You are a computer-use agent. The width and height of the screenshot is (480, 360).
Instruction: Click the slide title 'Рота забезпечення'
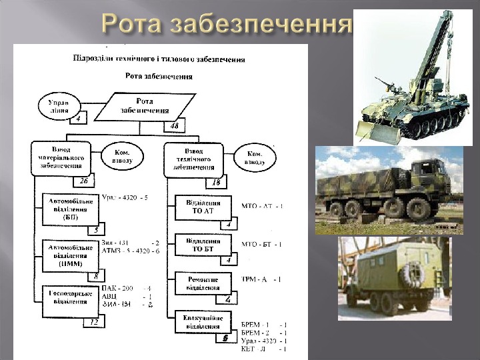tap(227, 25)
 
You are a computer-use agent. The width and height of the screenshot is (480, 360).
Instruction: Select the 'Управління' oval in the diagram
tap(60, 107)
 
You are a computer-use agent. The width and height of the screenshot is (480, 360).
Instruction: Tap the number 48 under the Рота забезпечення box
tap(175, 126)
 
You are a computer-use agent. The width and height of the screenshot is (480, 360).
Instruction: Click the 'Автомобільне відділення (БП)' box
tap(71, 208)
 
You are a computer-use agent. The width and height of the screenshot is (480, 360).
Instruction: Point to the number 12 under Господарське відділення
tap(94, 323)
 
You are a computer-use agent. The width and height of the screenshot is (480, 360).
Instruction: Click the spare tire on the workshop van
tap(412, 273)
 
